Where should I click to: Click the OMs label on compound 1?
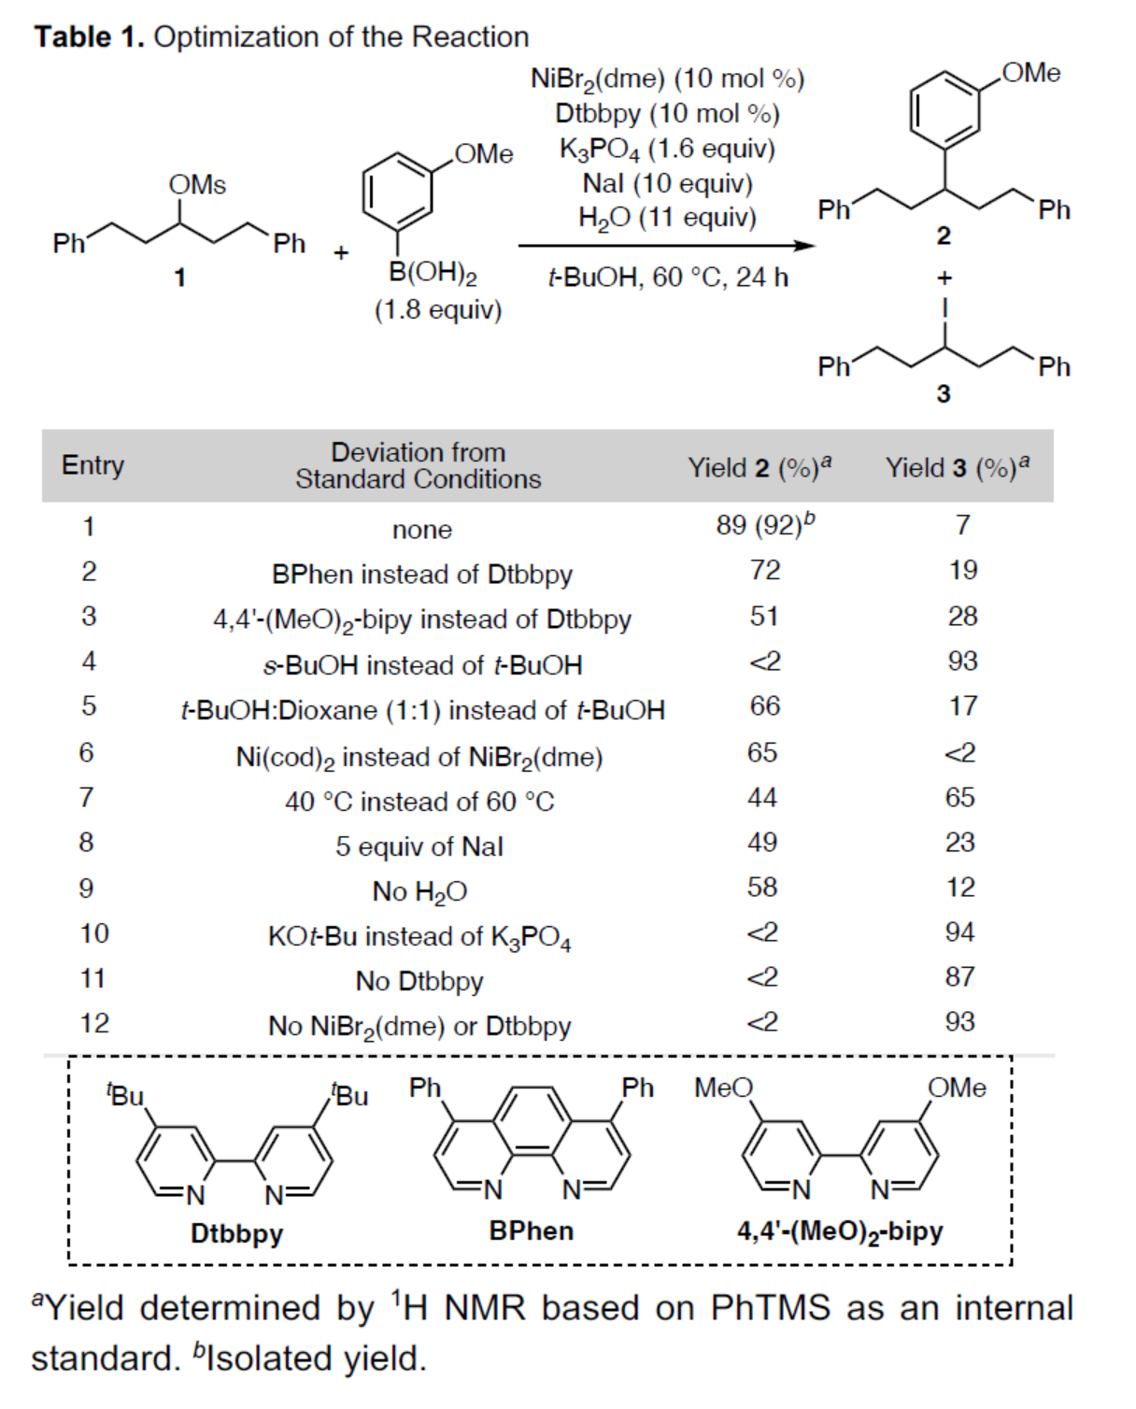click(197, 185)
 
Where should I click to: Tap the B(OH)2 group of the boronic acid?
click(433, 273)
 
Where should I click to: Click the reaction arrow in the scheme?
click(666, 246)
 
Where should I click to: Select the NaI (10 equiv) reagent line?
click(667, 183)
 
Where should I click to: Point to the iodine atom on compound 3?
click(944, 307)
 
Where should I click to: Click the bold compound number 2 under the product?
click(944, 235)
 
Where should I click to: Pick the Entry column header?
click(92, 465)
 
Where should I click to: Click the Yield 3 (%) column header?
click(957, 466)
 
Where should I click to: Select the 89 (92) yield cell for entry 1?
click(765, 525)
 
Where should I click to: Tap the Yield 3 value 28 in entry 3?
click(962, 616)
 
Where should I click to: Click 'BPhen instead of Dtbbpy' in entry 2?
click(422, 574)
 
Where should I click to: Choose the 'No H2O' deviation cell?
click(419, 891)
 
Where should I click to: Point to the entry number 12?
click(94, 1023)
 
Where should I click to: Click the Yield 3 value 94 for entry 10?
click(960, 932)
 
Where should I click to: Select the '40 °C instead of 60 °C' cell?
click(419, 802)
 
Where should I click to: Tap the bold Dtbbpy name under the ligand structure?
click(236, 1233)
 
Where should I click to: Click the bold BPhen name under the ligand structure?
click(531, 1231)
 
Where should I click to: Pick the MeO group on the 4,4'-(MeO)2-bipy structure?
click(723, 1088)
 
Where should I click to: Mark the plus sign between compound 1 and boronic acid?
click(341, 252)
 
